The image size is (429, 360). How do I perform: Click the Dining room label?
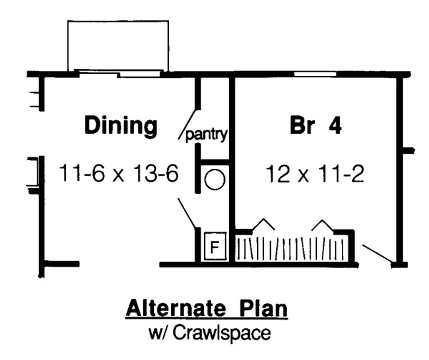121,126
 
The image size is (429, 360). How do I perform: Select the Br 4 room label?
315,126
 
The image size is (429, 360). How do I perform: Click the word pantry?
206,135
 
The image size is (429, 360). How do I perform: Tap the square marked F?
214,246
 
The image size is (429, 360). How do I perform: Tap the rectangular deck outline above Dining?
118,45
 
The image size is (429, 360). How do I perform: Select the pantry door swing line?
187,123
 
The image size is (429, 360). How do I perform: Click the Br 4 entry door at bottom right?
377,254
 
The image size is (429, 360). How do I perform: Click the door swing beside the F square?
187,213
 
